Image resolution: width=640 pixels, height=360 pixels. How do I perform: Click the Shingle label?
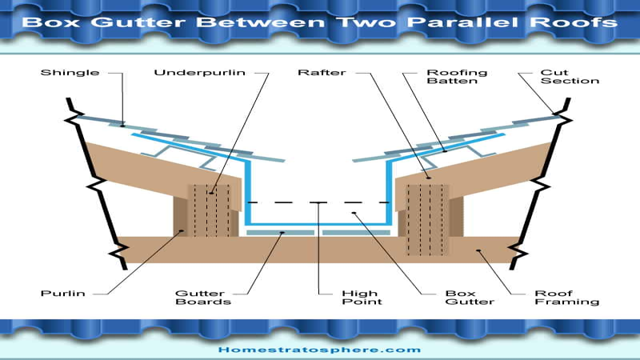point(70,73)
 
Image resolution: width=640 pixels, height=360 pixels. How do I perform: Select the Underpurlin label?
point(199,73)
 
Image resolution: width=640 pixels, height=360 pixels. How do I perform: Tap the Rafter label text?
point(322,73)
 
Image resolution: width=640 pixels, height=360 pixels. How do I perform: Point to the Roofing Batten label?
point(457,77)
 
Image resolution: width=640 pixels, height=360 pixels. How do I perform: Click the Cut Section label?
point(570,77)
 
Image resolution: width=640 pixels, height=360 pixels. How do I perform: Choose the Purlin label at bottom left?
point(63,294)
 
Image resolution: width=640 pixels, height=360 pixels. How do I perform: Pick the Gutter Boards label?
point(203,298)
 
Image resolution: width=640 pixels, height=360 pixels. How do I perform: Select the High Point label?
point(362,298)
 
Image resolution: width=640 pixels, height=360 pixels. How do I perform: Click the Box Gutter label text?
point(470,298)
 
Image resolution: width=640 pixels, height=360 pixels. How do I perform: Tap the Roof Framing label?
point(567,298)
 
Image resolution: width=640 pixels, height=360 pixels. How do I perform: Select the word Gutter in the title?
point(138,22)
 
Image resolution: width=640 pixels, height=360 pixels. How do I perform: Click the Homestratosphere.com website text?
point(319,350)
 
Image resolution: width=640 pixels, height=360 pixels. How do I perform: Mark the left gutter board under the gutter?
point(281,233)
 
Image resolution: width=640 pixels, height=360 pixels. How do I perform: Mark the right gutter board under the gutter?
point(356,233)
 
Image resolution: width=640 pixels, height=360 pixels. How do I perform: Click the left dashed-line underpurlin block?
point(210,210)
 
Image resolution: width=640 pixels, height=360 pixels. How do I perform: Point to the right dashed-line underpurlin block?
point(427,220)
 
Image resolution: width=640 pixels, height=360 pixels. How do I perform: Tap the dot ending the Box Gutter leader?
point(354,213)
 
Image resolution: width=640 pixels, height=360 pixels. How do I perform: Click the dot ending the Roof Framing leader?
point(478,250)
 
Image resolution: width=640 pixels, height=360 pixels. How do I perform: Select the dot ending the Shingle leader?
point(122,126)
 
